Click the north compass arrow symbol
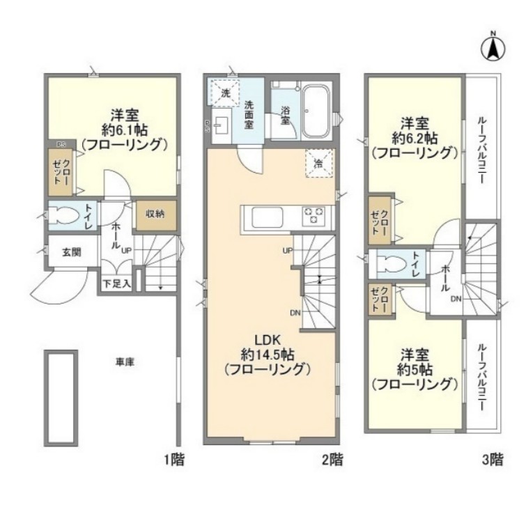pyautogui.click(x=493, y=47)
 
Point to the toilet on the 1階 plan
pyautogui.click(x=65, y=216)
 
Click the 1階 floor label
pyautogui.click(x=173, y=459)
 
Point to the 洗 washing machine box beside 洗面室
pyautogui.click(x=225, y=91)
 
